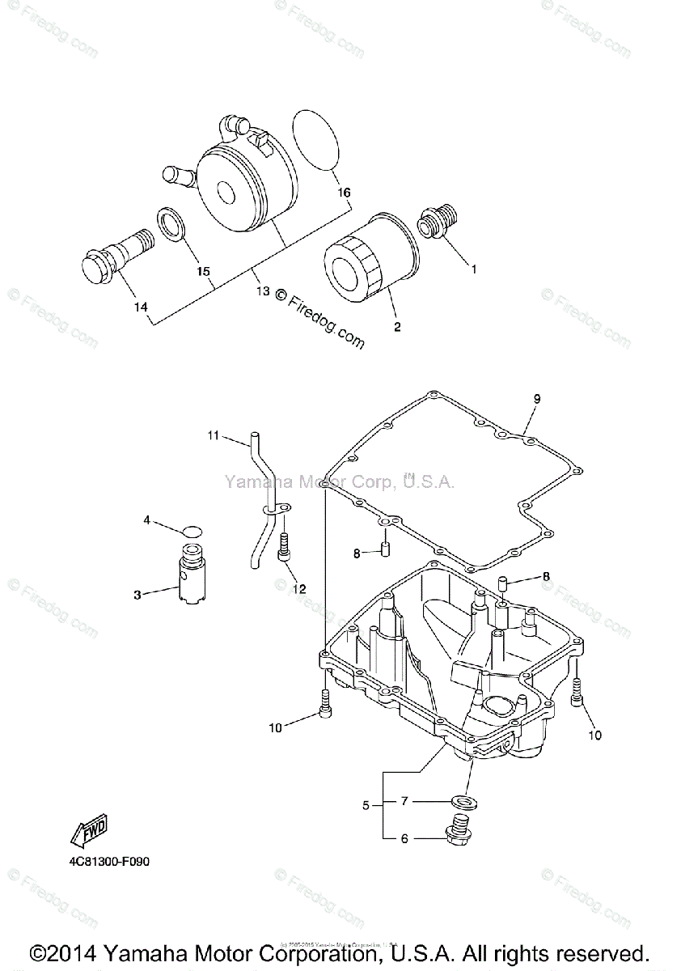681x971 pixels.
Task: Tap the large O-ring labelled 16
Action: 318,140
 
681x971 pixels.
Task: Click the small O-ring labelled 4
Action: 191,531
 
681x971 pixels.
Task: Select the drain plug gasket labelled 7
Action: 466,801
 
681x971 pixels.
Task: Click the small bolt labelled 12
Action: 284,545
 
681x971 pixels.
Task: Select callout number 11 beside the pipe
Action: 214,436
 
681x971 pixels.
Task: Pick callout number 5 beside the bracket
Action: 366,805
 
